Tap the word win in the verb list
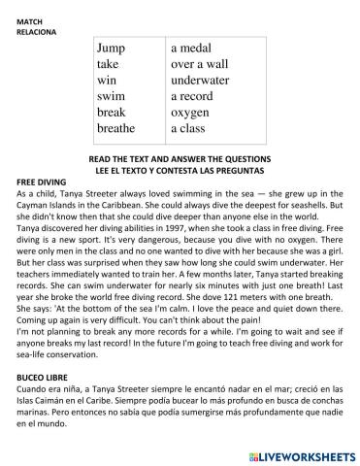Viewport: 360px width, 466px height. tap(106, 79)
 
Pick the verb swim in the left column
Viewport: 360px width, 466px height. tap(112, 95)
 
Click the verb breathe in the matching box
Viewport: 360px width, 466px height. tap(116, 127)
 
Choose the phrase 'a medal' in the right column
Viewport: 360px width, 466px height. tap(192, 48)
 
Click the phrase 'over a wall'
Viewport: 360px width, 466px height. tap(199, 63)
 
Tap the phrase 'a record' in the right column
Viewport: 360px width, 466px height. tap(193, 95)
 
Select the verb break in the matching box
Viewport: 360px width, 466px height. tap(113, 112)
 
